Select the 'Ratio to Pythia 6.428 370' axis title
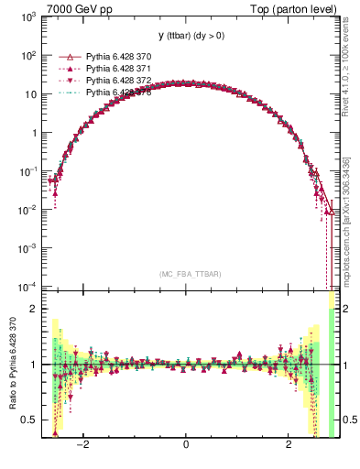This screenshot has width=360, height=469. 11,366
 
